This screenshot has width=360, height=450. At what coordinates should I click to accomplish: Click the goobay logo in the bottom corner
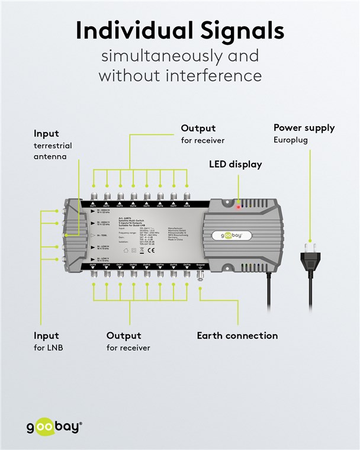pos(54,427)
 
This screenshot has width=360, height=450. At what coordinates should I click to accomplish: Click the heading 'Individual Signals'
pos(180,30)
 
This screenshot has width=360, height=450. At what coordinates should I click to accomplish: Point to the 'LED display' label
pos(235,164)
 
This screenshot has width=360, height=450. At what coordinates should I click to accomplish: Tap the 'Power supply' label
pos(304,128)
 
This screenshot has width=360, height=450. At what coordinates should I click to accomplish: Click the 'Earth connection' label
pos(237,336)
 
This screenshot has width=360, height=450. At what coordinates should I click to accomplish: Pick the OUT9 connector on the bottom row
pos(94,273)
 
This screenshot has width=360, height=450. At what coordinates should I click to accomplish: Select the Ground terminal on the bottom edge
pos(200,274)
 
